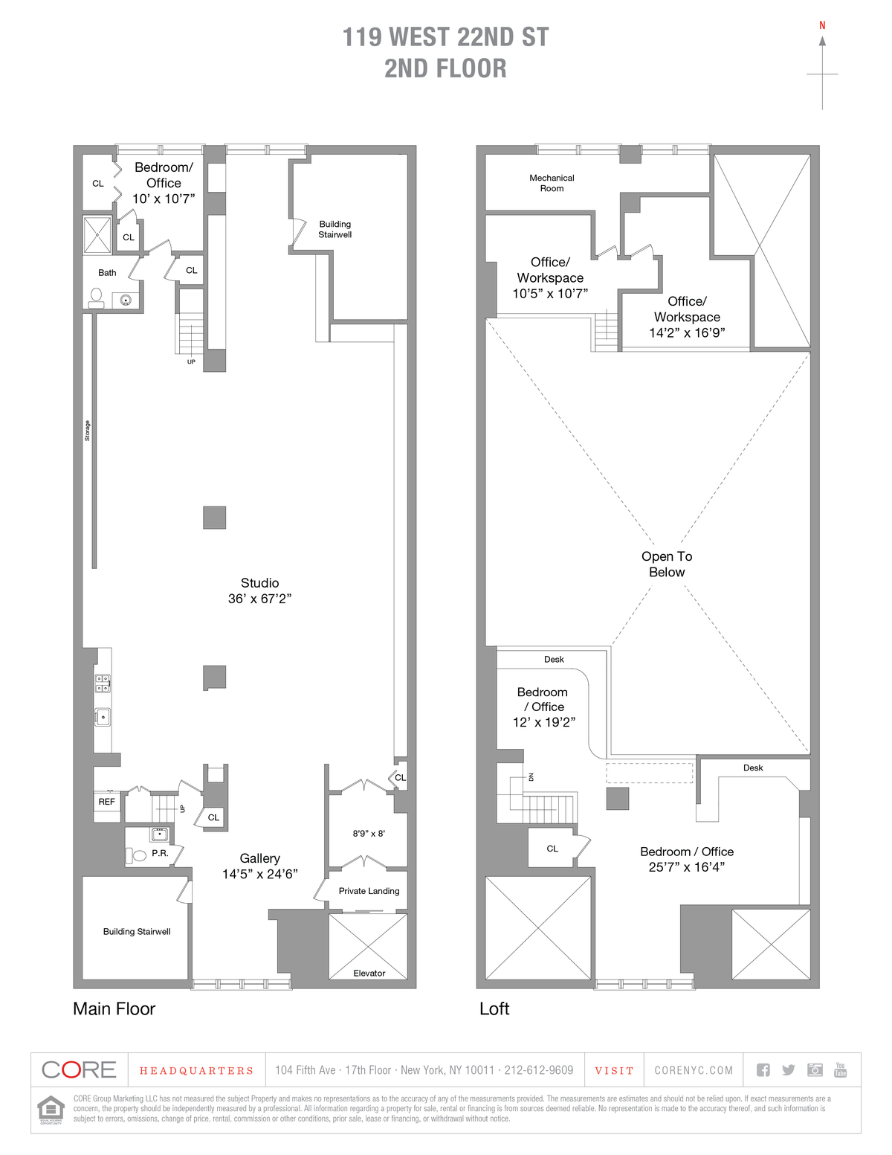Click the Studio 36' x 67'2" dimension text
pyautogui.click(x=259, y=599)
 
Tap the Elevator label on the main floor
pyautogui.click(x=369, y=973)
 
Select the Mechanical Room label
pyautogui.click(x=552, y=183)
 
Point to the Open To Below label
pyautogui.click(x=667, y=564)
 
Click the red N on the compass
pyautogui.click(x=822, y=25)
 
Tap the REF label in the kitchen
pyautogui.click(x=107, y=802)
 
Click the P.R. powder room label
pyautogui.click(x=160, y=853)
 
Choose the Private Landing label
pyautogui.click(x=369, y=891)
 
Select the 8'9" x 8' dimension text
pyautogui.click(x=369, y=834)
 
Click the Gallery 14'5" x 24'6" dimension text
pyautogui.click(x=259, y=875)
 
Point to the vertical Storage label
pyautogui.click(x=87, y=431)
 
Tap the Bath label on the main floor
pyautogui.click(x=107, y=273)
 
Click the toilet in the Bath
pyautogui.click(x=96, y=297)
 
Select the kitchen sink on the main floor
pyautogui.click(x=103, y=717)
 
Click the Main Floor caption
pyautogui.click(x=114, y=1008)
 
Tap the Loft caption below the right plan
pyautogui.click(x=494, y=1008)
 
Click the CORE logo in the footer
pyautogui.click(x=80, y=1070)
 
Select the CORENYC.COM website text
pyautogui.click(x=694, y=1071)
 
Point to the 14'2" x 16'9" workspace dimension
pyautogui.click(x=687, y=333)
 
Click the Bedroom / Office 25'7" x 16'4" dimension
pyautogui.click(x=686, y=867)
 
